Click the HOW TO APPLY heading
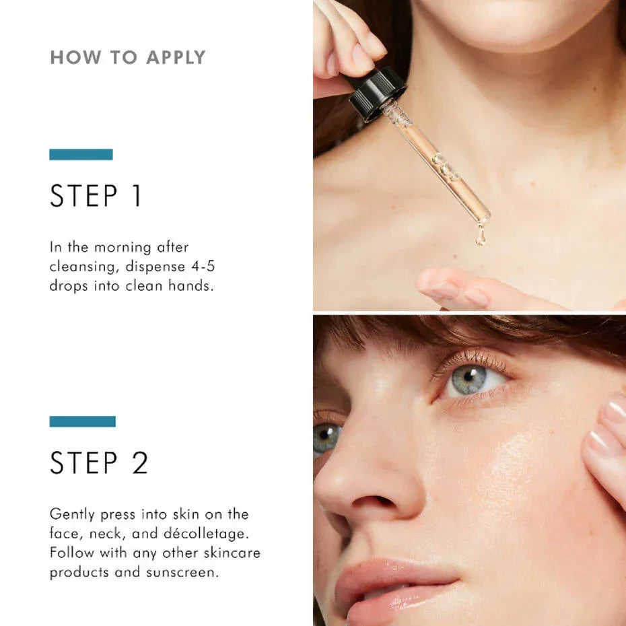point(127,57)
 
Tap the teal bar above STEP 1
point(81,154)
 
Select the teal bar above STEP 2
point(82,421)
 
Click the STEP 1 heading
point(96,196)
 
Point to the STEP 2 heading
point(98,464)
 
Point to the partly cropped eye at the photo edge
point(326,438)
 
